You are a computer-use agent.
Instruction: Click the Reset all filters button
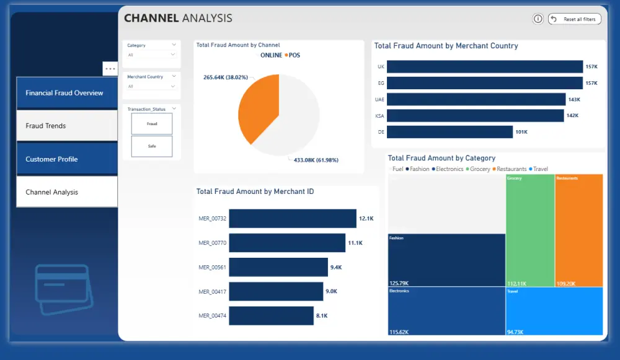pos(575,19)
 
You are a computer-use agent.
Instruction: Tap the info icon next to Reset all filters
pos(538,19)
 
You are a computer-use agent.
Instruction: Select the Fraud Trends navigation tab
pos(67,126)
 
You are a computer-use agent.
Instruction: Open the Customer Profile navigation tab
pos(67,159)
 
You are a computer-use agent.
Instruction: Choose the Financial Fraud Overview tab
pos(67,93)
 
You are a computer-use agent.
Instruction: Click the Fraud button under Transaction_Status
pos(152,124)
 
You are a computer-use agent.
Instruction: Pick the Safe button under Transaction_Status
pos(152,146)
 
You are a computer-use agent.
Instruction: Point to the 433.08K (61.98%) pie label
pos(316,160)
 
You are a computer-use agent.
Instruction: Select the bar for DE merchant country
pos(449,132)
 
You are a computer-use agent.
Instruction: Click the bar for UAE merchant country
pos(476,100)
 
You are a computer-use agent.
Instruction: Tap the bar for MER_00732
pos(293,219)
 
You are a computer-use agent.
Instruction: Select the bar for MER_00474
pos(272,316)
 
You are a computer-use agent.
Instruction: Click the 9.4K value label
pos(336,268)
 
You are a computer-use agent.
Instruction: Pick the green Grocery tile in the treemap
pos(530,230)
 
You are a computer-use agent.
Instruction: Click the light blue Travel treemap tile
pos(554,312)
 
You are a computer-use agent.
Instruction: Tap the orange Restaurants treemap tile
pos(579,230)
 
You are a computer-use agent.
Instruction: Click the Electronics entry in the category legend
pos(448,169)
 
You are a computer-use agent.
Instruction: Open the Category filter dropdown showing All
pos(151,55)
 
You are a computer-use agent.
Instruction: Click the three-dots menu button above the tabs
pos(110,69)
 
